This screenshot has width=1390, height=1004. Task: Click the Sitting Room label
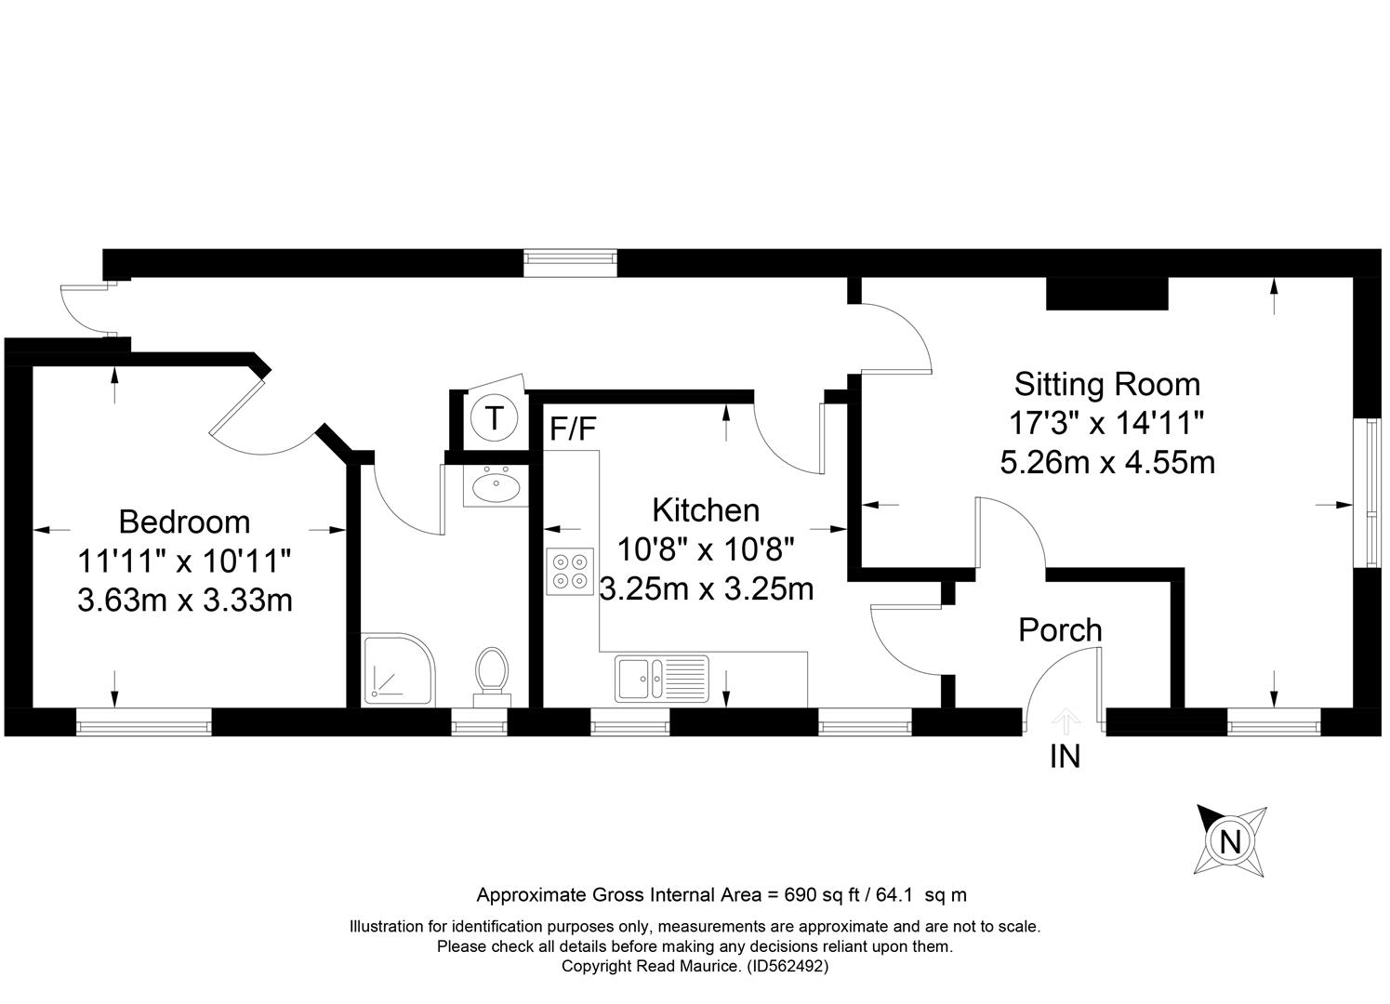click(1107, 385)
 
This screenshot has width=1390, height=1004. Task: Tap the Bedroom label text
click(184, 522)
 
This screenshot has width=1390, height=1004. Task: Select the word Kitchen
click(706, 510)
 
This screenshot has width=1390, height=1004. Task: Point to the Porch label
click(1060, 630)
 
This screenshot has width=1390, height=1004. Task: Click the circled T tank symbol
click(494, 417)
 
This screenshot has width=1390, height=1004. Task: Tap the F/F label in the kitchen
click(573, 429)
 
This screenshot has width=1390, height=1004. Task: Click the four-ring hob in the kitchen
click(570, 572)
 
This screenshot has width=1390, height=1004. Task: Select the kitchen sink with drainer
click(661, 679)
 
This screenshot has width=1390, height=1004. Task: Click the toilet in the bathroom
click(492, 678)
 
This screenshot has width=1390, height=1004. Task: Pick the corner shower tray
click(399, 669)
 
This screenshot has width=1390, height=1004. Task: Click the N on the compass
click(1230, 842)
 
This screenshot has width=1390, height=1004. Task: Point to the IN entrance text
click(1065, 757)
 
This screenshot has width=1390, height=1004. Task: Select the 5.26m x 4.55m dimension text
click(1107, 463)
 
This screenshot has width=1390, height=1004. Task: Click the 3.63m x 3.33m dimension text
click(185, 600)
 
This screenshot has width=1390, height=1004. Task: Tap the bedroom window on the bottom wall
click(143, 721)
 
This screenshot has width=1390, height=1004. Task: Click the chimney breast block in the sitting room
click(1107, 294)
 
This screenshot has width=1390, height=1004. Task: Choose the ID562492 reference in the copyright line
click(788, 966)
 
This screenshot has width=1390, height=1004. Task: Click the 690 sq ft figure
click(822, 895)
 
